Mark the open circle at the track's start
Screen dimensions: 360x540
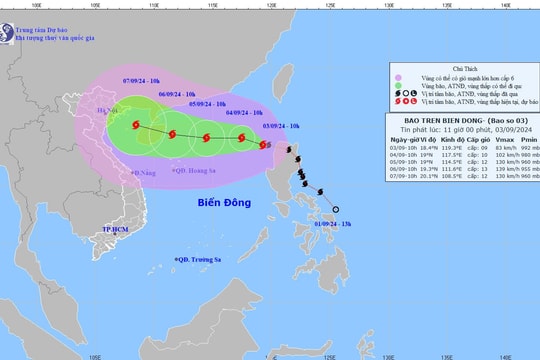tap(335, 209)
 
